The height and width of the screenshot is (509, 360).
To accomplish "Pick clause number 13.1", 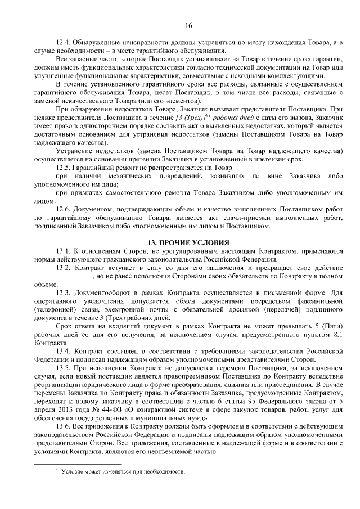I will point(64,251).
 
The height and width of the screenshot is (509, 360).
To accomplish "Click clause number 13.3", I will point(64,293).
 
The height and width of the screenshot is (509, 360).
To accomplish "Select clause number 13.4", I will point(64,352).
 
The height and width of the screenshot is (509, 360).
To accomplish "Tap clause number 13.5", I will point(64,368).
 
